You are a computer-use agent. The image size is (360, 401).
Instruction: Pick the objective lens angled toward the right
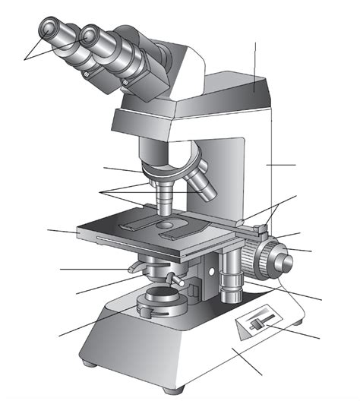coord(199,182)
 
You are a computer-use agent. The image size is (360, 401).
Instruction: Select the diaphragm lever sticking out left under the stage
coord(134,267)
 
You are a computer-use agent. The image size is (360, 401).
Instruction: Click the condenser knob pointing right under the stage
coord(177,282)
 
